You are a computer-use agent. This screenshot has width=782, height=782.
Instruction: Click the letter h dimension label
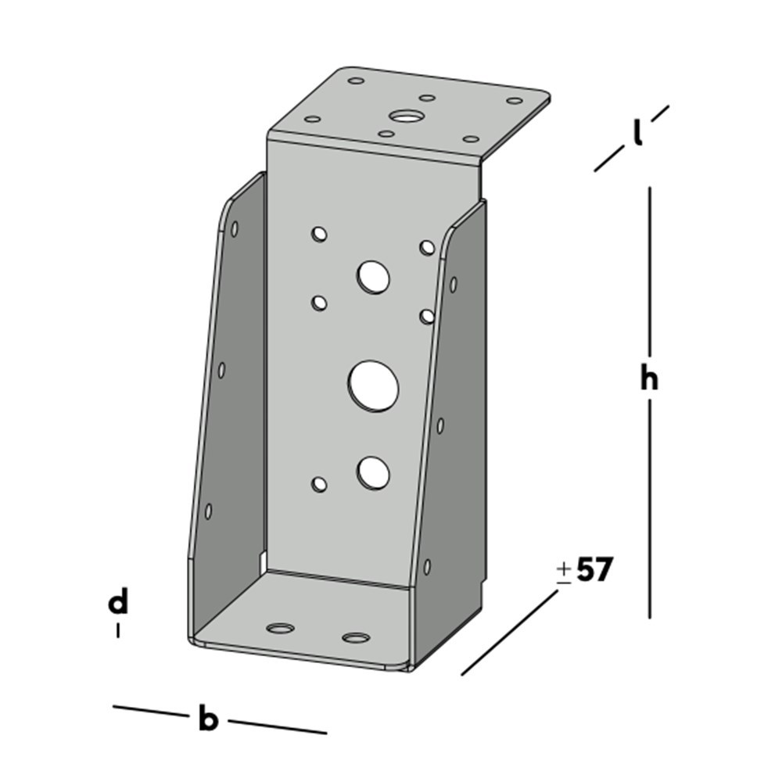(x=648, y=379)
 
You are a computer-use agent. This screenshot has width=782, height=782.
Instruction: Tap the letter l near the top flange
(x=638, y=135)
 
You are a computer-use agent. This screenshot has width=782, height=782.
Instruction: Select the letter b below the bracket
(x=207, y=719)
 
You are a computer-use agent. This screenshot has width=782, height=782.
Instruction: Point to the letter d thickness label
(x=118, y=603)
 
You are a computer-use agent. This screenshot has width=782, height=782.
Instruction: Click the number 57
(x=594, y=571)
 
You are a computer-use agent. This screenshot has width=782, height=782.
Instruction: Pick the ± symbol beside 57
(x=564, y=572)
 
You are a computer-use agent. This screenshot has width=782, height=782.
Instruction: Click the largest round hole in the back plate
(x=374, y=385)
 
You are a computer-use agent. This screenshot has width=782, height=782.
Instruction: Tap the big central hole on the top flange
(x=405, y=117)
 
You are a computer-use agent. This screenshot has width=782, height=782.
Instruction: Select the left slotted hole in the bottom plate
(x=280, y=628)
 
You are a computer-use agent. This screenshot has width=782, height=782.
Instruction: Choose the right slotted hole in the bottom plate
(x=356, y=637)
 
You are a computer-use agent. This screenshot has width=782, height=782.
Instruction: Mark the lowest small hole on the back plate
(x=318, y=484)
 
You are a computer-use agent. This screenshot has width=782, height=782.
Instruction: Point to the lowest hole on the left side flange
(x=208, y=511)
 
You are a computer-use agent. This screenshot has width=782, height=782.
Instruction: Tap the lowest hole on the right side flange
(x=426, y=567)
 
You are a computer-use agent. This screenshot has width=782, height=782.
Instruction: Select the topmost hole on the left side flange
(x=235, y=229)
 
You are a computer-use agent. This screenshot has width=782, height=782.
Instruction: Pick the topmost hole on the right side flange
(x=453, y=284)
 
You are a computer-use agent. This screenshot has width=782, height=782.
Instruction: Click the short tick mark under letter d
(x=118, y=630)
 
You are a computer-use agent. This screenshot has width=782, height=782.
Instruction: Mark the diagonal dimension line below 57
(x=510, y=633)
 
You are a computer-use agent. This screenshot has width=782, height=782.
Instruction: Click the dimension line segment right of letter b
(x=278, y=726)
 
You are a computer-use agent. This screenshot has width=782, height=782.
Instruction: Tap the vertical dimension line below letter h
(x=649, y=508)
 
